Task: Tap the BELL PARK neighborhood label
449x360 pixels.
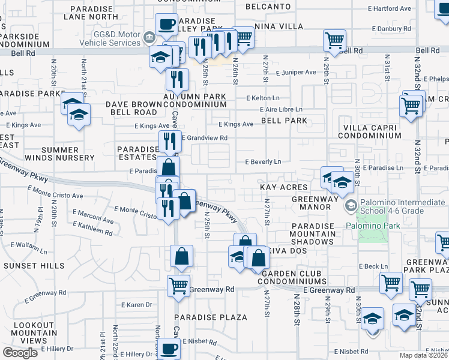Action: [x=284, y=121]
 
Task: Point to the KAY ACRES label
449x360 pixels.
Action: [x=283, y=188]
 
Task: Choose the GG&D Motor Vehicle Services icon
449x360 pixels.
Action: [x=148, y=39]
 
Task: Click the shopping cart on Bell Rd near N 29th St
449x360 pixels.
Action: [x=334, y=40]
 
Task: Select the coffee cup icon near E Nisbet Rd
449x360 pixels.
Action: [x=167, y=347]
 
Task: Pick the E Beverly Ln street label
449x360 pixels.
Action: [x=262, y=162]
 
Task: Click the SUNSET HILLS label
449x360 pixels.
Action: [x=34, y=265]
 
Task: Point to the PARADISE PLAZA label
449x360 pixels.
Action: [x=211, y=317]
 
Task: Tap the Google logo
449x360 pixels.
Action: [x=20, y=353]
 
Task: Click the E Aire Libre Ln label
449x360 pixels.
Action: [x=281, y=109]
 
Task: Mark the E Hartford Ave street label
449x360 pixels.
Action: [x=390, y=9]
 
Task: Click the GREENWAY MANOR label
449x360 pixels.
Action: [x=312, y=203]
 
